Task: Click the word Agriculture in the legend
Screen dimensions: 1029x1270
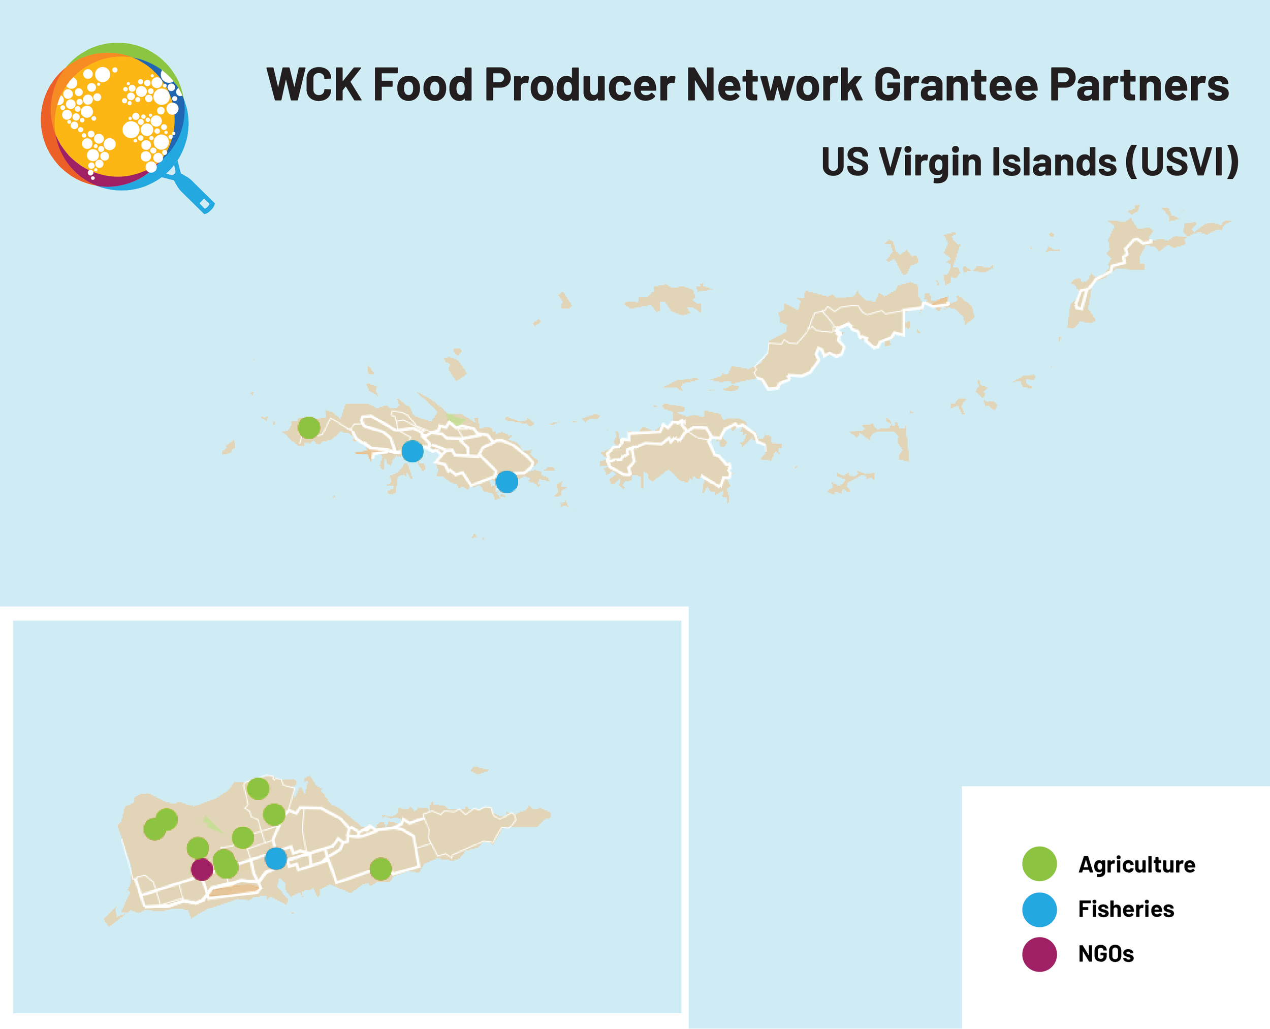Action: point(1136,865)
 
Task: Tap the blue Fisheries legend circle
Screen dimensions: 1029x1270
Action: point(1039,909)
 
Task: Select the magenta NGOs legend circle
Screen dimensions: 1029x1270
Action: point(1039,954)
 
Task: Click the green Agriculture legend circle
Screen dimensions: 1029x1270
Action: point(1039,864)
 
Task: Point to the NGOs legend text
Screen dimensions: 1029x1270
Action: point(1105,954)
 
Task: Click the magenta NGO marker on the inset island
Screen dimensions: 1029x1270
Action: point(202,869)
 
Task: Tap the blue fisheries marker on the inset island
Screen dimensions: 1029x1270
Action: point(275,858)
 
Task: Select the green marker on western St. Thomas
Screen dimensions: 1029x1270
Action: point(309,427)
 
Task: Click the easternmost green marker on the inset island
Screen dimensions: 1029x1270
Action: point(380,869)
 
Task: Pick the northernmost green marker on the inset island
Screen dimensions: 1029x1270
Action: point(258,788)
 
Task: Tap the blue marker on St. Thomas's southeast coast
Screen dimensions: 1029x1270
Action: point(506,481)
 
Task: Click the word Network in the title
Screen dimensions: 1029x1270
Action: point(773,85)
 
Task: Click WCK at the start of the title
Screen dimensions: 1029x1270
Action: point(313,85)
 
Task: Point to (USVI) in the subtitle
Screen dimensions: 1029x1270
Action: point(1182,161)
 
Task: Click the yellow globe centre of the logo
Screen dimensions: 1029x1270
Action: point(115,115)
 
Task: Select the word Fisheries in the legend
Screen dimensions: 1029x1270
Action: point(1125,909)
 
